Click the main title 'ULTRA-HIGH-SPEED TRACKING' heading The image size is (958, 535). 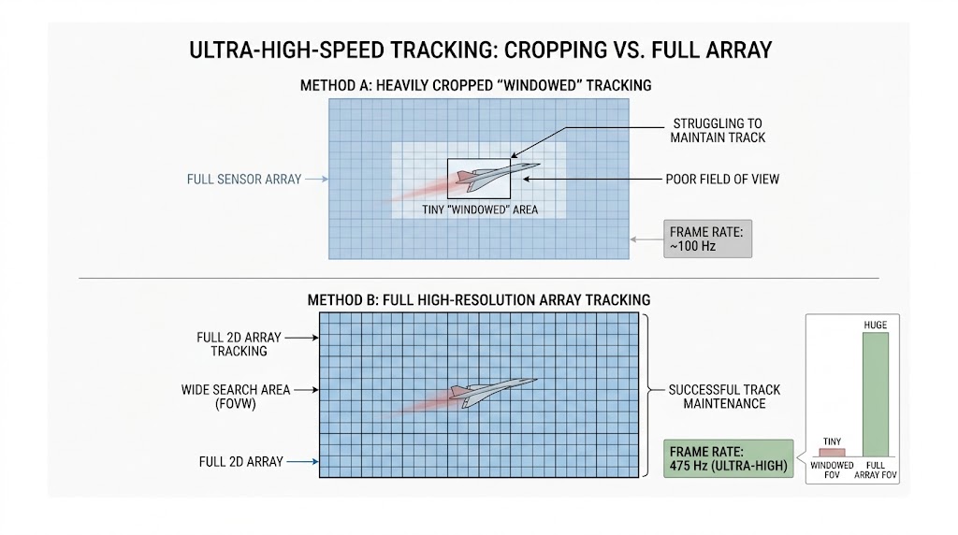coord(480,51)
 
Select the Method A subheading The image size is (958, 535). coord(475,85)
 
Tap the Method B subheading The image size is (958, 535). coord(478,300)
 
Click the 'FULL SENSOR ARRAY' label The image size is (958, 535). coord(244,179)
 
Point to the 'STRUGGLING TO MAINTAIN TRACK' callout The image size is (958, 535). coord(718,131)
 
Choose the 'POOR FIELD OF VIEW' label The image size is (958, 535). coord(722,179)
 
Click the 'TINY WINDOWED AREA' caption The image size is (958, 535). coord(480,210)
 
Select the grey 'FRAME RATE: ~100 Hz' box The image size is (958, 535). coord(707,239)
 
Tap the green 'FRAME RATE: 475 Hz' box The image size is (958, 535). coord(728,458)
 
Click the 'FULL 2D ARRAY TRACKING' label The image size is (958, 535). coord(239,344)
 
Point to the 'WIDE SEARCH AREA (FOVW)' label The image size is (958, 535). coord(235,397)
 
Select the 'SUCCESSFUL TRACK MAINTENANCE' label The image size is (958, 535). coord(724,397)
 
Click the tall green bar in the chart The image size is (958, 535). coord(875,395)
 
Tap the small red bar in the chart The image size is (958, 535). coord(832,453)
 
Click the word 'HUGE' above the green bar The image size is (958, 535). coord(876,325)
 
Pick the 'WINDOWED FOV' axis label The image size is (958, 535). coord(832,470)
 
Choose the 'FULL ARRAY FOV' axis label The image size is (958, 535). coord(876,470)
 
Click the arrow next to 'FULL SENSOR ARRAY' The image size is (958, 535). coord(316,179)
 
